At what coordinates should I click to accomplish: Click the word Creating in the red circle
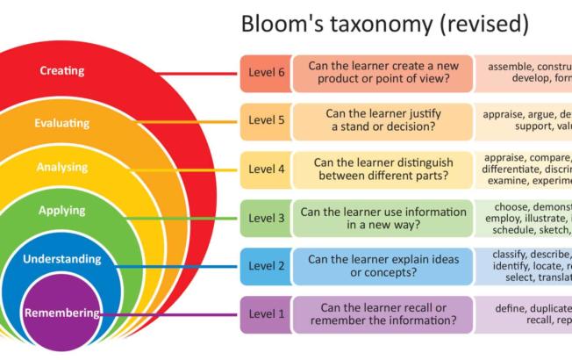coord(62,70)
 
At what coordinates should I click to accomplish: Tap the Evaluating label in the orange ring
coord(63,124)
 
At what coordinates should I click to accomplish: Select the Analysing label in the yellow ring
coord(62,167)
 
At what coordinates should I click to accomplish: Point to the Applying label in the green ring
coord(62,211)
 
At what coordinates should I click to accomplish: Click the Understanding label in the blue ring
coord(62,260)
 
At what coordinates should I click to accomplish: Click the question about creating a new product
coord(383,74)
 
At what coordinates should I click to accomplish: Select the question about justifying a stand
coord(383,121)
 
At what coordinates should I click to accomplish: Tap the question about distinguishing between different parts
coord(383,169)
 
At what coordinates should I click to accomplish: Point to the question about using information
coord(383,218)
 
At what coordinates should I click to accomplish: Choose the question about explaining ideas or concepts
coord(383,266)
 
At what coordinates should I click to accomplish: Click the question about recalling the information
coord(383,314)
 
